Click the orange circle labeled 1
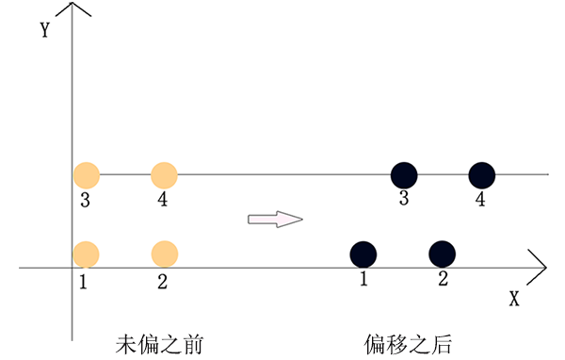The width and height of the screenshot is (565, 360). (x=86, y=254)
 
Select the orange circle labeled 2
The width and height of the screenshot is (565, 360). (x=164, y=254)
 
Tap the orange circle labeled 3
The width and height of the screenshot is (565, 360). (x=86, y=174)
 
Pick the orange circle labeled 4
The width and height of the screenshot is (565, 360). (x=164, y=174)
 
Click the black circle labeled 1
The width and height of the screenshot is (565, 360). (x=363, y=254)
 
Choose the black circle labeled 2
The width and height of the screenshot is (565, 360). (x=442, y=254)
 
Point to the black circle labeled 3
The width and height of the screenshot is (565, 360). (x=404, y=174)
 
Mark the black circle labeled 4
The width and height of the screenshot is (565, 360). (x=482, y=174)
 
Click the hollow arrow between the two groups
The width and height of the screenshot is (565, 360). (x=274, y=219)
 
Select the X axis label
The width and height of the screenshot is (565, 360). (x=514, y=299)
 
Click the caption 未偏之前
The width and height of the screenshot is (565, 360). (x=159, y=341)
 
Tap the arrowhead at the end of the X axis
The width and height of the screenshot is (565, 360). (x=538, y=265)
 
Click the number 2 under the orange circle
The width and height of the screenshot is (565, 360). (x=162, y=280)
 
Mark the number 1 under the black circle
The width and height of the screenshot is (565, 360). (x=363, y=279)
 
